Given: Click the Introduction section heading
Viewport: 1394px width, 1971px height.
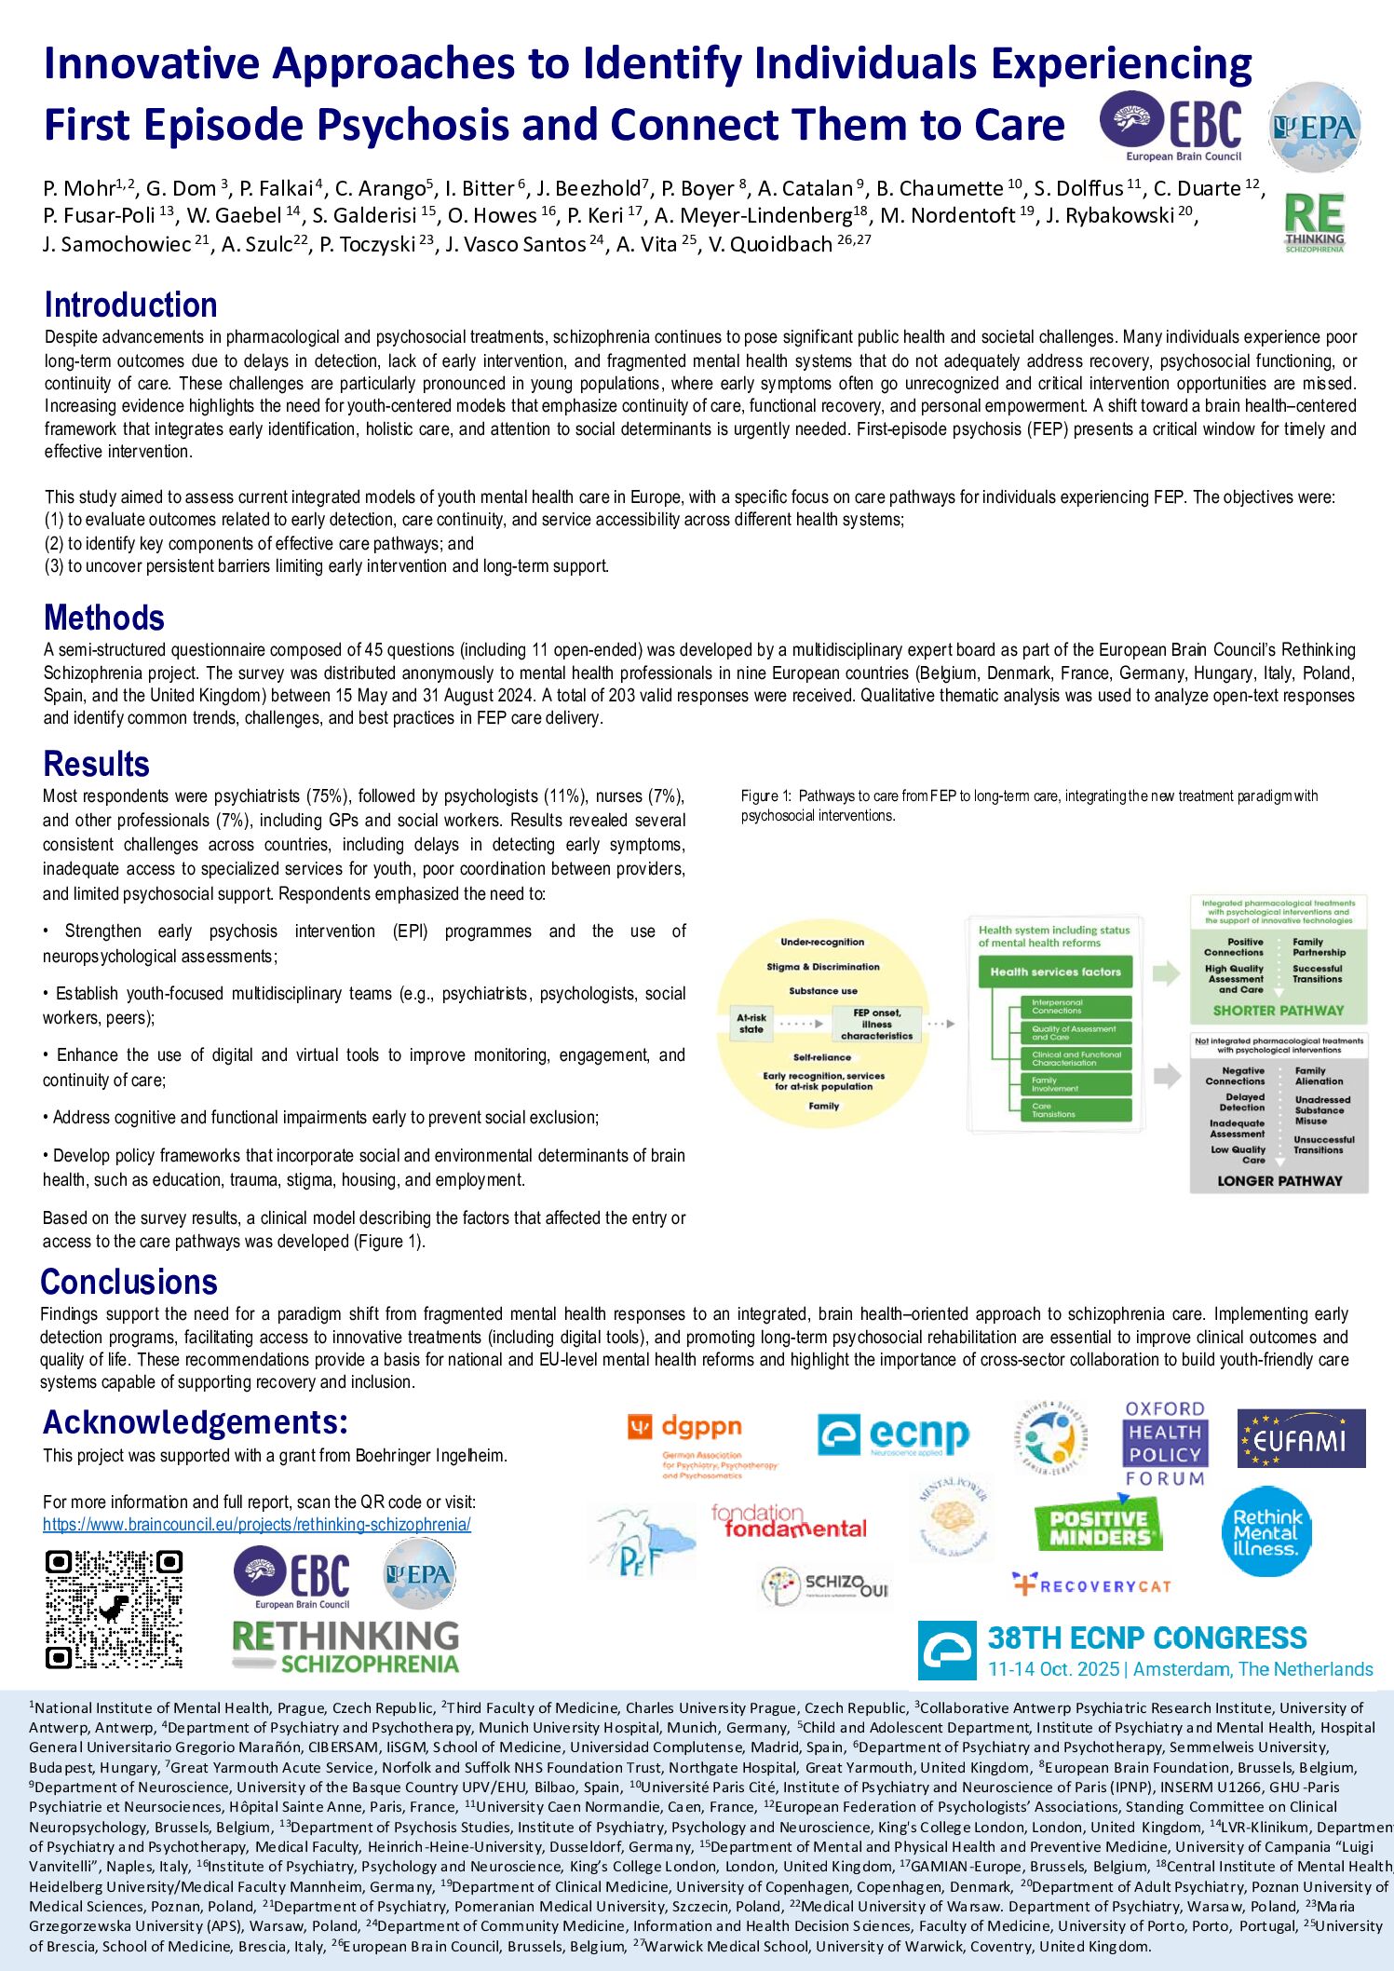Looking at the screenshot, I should coord(130,306).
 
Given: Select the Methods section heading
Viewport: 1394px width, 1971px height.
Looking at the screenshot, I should coord(103,618).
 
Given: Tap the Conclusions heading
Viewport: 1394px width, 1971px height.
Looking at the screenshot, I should coord(129,1283).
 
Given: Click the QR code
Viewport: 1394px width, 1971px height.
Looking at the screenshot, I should coord(114,1609).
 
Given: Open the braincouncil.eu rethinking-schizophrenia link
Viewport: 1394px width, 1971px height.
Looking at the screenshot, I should coord(256,1525).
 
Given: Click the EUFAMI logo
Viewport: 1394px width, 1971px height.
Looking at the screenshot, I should coord(1301,1439).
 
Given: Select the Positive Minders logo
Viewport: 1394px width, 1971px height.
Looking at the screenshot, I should coord(1098,1527).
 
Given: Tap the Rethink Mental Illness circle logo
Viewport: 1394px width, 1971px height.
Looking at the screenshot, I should coord(1265,1532).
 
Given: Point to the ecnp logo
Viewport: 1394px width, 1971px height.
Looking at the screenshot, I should coord(892,1435).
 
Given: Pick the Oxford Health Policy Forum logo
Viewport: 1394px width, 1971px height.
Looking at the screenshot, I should coord(1164,1443).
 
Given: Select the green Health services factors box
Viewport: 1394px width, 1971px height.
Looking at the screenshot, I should coord(1055,972).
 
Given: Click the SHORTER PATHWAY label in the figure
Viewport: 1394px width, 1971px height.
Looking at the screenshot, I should coord(1278,1011).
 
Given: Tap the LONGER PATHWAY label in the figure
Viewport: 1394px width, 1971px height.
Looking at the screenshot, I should coord(1279,1181).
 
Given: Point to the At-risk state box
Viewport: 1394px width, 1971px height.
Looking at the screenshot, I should coord(751,1024).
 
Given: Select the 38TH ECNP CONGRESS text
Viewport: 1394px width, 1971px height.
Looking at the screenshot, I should coord(1147,1638).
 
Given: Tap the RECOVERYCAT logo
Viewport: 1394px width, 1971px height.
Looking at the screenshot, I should coord(1091,1585).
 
